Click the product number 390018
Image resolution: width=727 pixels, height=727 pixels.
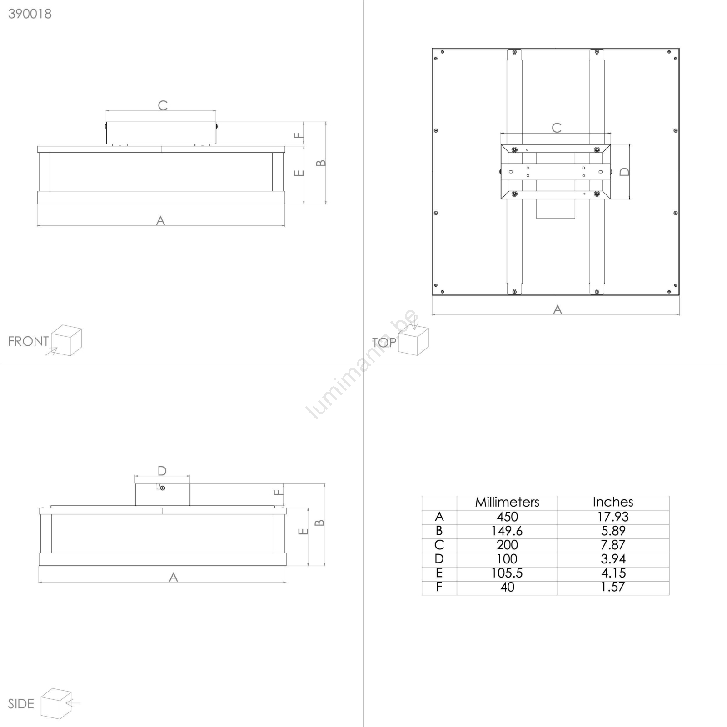pos(30,14)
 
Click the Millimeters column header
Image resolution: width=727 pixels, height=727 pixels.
pos(507,502)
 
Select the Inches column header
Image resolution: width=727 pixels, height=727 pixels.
pos(613,502)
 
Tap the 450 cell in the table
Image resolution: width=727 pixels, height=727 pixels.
pos(507,517)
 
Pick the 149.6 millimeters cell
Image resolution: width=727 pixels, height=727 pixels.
pos(507,531)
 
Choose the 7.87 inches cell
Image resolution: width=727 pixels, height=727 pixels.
pos(613,545)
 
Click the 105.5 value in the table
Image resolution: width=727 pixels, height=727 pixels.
pos(507,573)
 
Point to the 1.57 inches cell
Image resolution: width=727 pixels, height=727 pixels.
pos(613,587)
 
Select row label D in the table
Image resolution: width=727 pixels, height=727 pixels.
pos(439,559)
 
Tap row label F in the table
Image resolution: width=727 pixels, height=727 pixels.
pos(439,587)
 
